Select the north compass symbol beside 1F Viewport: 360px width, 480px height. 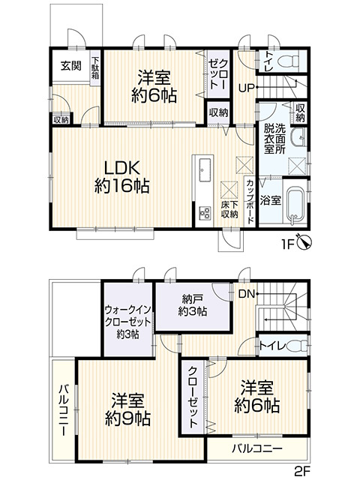click(303, 241)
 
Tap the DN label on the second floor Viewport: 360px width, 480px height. click(246, 294)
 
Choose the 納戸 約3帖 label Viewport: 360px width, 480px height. click(192, 304)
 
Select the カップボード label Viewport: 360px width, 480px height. click(250, 199)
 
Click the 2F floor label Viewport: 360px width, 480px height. click(302, 471)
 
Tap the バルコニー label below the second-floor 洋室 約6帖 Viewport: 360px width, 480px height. click(256, 448)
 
